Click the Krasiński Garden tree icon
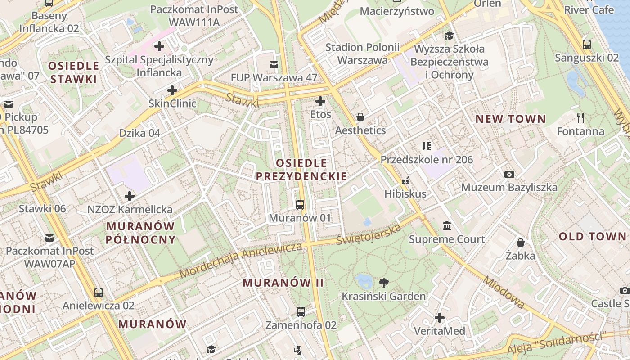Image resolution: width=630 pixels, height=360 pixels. coord(383,283)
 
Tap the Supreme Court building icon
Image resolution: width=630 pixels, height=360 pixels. coord(447,225)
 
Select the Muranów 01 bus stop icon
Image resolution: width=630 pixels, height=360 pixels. coord(300,205)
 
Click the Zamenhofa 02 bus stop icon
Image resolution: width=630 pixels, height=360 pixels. coord(301,311)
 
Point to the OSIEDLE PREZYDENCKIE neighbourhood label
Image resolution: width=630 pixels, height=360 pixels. coord(301,170)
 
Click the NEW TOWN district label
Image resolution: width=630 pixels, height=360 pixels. coord(511,119)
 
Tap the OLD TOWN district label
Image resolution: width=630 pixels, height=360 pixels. coord(592,237)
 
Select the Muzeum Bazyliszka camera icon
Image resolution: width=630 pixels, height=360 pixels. coord(509,174)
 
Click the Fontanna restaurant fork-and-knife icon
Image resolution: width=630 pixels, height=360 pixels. coord(580,118)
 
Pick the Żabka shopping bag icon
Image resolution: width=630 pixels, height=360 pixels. coord(521,243)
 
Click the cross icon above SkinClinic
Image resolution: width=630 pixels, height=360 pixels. coord(172,90)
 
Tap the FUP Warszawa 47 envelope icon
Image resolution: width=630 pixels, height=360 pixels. coord(274,64)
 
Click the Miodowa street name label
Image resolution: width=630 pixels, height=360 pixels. coord(504,292)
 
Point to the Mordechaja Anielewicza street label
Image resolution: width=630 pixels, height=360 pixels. coord(241,260)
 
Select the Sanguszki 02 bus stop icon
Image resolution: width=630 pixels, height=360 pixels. coord(587,44)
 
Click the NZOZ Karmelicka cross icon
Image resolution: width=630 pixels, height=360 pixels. coord(130,196)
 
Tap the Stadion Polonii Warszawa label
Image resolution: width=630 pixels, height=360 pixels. coord(362,54)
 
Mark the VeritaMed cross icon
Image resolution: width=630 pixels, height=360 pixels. coord(440,318)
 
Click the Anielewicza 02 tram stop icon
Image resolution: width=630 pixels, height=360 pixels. coord(99,292)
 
